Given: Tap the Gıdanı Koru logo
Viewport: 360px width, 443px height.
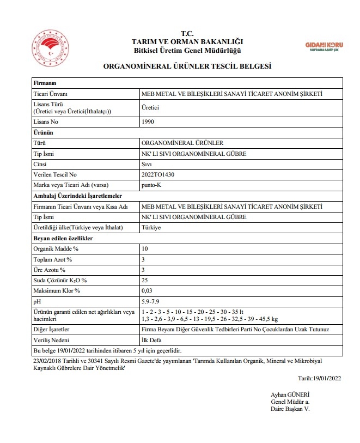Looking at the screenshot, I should point(325,45).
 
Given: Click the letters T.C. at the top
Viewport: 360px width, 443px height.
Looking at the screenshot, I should point(187,33).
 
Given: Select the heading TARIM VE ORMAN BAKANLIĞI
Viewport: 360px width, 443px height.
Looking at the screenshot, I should point(187,42).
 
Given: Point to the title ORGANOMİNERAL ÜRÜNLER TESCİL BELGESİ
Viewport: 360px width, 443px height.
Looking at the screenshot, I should point(187,66).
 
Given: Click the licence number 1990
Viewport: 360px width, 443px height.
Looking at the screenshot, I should point(147,122).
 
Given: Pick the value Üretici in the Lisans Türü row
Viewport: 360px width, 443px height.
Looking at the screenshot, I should point(150,108).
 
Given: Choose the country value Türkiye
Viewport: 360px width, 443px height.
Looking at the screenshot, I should point(151,227).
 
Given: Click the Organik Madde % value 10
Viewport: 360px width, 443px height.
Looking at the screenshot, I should point(144,248).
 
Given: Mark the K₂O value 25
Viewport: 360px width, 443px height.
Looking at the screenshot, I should point(144,280).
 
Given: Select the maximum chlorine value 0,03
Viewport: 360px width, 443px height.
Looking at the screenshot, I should point(147,290).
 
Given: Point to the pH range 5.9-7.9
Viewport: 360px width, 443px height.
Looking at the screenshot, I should point(150,301).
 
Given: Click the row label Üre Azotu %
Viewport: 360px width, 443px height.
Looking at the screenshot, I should point(50,270).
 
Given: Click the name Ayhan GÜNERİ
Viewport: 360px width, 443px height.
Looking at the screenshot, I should point(290,395).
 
